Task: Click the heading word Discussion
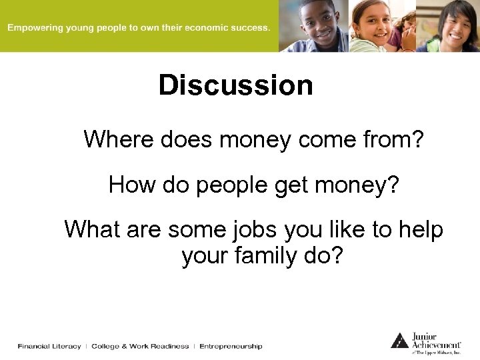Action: [x=235, y=85]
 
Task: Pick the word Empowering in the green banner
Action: [x=33, y=28]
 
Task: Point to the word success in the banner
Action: [x=249, y=28]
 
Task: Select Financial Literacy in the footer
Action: [x=49, y=346]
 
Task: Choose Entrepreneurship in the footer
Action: [x=231, y=346]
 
